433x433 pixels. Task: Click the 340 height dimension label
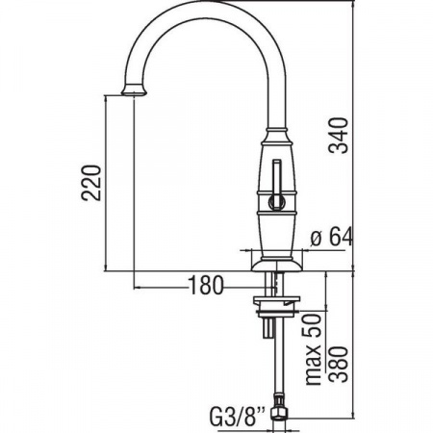point(340,136)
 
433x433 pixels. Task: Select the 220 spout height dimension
point(91,183)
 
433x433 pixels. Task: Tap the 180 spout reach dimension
point(205,285)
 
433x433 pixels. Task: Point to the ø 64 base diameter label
point(332,237)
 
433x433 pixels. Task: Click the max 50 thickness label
point(314,349)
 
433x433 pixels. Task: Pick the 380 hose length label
point(340,365)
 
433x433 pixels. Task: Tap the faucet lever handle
point(276,185)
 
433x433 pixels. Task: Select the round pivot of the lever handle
point(276,202)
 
